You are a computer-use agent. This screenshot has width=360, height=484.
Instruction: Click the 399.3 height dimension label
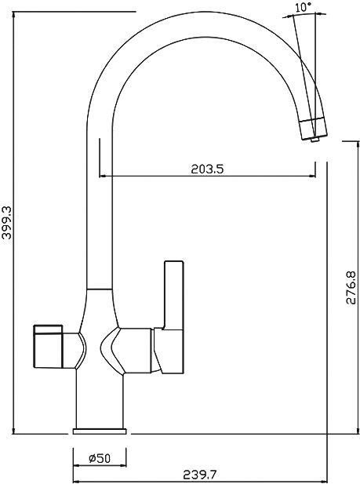point(7,223)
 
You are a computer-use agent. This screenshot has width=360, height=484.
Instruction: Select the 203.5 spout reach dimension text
point(207,169)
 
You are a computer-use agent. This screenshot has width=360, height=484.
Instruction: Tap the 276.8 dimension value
point(351,288)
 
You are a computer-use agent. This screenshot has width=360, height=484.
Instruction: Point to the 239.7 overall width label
point(200,475)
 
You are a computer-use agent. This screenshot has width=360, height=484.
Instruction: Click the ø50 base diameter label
point(100,458)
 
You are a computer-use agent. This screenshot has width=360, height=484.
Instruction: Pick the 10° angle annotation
point(303,7)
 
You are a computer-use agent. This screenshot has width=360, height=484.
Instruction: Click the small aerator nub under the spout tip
point(315,140)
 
